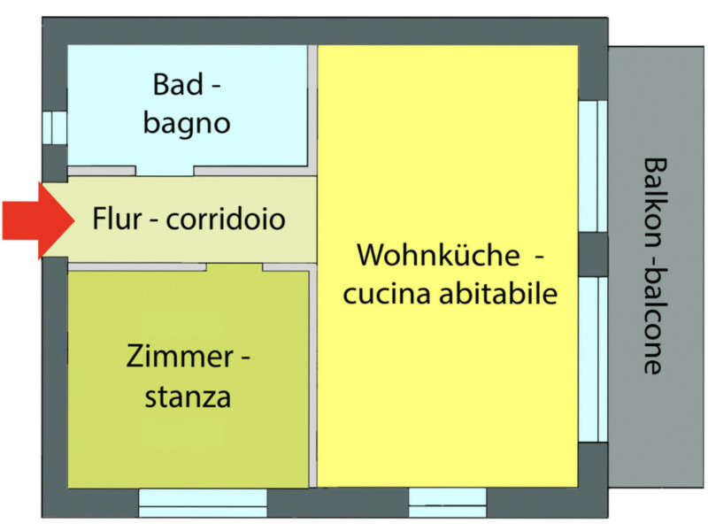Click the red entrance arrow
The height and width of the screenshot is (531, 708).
(x=38, y=220)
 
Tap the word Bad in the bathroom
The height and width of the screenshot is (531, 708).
(x=178, y=84)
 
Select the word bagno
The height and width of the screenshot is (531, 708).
(x=187, y=123)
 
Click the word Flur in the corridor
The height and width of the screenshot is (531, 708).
(x=117, y=219)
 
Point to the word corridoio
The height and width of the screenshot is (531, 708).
(x=226, y=219)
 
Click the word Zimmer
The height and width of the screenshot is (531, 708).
(x=180, y=357)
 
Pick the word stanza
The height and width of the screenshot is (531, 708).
(x=188, y=396)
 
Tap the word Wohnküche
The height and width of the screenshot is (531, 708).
(x=438, y=255)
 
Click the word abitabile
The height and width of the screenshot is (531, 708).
(x=498, y=294)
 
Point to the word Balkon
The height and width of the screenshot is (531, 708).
(x=654, y=204)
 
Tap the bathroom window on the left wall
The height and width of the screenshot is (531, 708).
(x=55, y=127)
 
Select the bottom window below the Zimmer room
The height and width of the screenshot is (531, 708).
(x=203, y=503)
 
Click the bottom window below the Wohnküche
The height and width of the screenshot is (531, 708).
(x=448, y=503)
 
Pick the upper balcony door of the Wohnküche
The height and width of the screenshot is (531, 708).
(x=593, y=166)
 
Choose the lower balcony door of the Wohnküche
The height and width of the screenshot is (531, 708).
(x=593, y=359)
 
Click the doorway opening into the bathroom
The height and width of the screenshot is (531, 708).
(x=165, y=171)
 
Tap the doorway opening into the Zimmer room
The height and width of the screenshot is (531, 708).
(x=235, y=267)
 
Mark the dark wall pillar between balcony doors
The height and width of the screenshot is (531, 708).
(x=593, y=254)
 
